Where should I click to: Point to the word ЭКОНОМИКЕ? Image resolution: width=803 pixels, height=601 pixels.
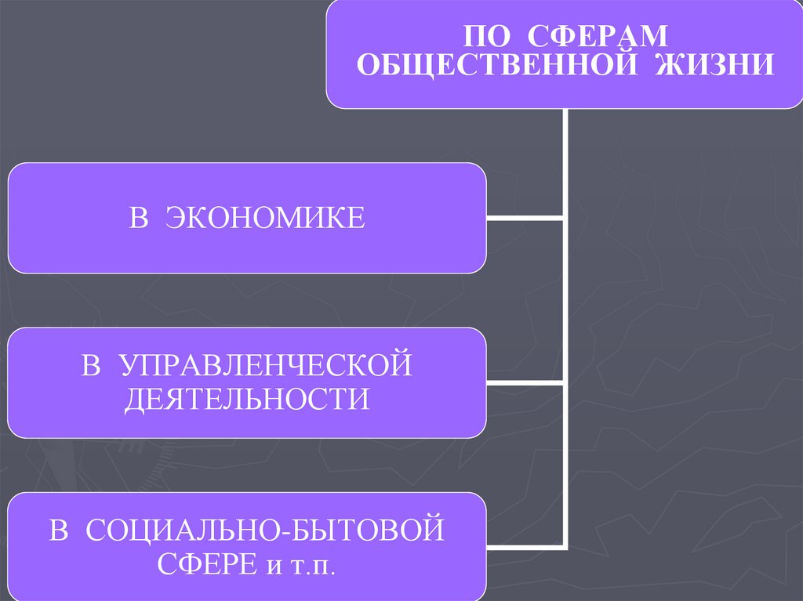[x=265, y=217]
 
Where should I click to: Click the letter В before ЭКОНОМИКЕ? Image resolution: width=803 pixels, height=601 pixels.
[x=139, y=217]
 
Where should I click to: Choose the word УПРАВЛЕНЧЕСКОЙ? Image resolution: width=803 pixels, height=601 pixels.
[x=267, y=366]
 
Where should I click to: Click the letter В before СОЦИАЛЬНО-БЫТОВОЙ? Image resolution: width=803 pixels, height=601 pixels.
[x=59, y=530]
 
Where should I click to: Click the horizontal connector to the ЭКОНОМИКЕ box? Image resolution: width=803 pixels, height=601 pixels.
[x=525, y=218]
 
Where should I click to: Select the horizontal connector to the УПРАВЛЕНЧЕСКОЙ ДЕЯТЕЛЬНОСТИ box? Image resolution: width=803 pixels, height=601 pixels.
[x=525, y=382]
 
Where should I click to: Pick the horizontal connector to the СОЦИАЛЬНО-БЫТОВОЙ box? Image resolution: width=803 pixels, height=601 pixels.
[x=525, y=546]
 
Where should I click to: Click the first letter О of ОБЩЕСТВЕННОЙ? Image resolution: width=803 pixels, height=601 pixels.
[x=368, y=65]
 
